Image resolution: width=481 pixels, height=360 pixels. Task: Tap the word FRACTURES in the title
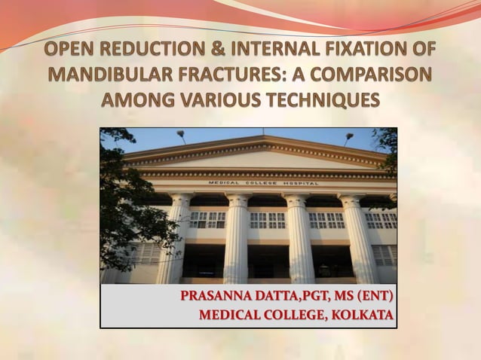pos(242,75)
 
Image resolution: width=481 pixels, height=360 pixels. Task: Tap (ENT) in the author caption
pos(372,295)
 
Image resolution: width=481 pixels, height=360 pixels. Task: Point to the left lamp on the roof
pos(182,136)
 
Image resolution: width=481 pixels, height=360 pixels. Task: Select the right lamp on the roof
pos(348,137)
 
